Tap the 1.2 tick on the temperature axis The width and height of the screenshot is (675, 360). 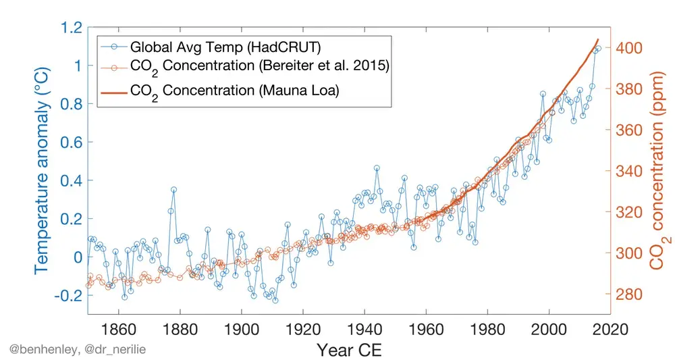click(x=70, y=28)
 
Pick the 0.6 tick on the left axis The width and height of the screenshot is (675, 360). click(x=70, y=143)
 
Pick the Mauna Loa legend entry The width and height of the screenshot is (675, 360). click(x=234, y=91)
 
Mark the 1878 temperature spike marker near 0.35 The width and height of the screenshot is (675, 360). click(x=173, y=190)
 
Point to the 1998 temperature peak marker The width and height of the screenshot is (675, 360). click(x=543, y=94)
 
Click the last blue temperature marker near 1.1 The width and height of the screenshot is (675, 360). click(x=598, y=49)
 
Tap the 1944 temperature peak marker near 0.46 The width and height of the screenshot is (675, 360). click(x=377, y=168)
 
